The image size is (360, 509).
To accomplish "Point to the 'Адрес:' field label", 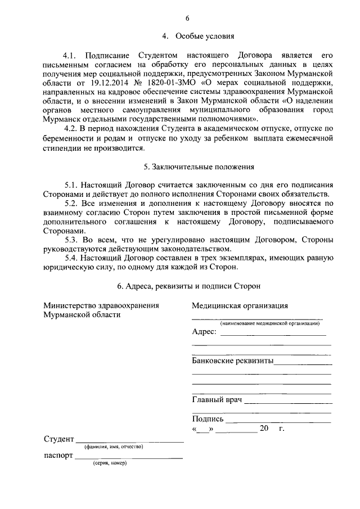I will tap(204, 332).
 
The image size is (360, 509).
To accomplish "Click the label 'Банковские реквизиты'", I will tap(232, 361).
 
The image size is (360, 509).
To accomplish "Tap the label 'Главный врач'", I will tap(217, 399).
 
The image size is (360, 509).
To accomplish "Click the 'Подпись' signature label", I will tap(208, 419).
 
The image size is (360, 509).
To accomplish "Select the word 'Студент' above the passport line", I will tap(58, 439).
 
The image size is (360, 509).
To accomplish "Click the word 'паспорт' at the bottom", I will tap(58, 456).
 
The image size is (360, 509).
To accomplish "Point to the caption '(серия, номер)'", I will tap(110, 463).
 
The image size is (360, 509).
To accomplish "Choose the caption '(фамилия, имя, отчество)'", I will tap(114, 447).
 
